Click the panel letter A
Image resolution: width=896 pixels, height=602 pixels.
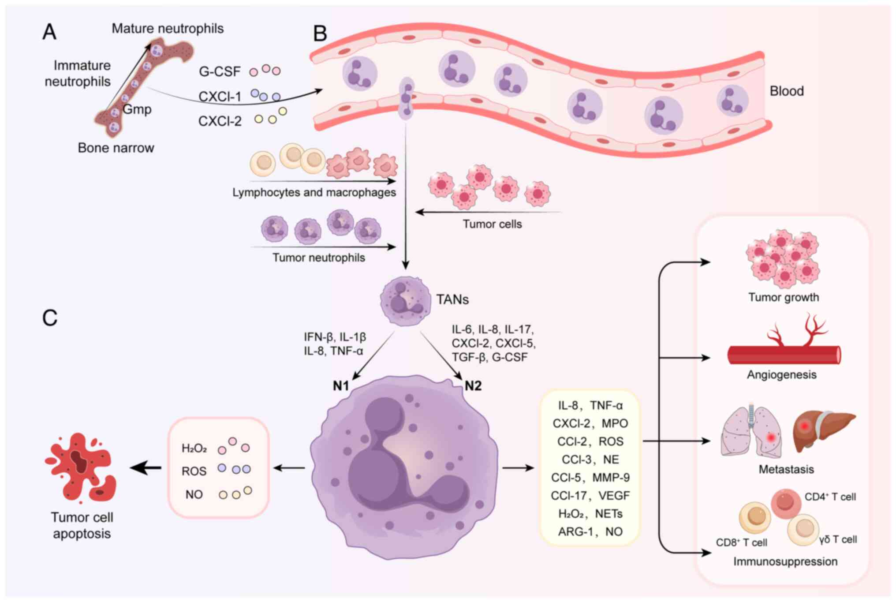[x=49, y=32]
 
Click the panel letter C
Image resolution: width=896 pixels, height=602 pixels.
[x=50, y=318]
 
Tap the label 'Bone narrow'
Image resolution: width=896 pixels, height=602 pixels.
[x=116, y=148]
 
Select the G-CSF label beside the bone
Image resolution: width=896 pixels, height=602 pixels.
[x=220, y=71]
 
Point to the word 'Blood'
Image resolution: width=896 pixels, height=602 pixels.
[x=787, y=91]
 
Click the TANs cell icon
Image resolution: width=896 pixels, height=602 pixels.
[x=405, y=301]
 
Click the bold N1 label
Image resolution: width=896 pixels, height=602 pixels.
[x=341, y=386]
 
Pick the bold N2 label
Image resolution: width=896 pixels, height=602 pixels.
[x=473, y=386]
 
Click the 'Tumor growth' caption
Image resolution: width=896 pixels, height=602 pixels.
[x=784, y=297]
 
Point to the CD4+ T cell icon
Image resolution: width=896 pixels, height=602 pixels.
[x=786, y=503]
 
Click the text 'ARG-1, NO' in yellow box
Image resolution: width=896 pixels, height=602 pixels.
[x=590, y=531]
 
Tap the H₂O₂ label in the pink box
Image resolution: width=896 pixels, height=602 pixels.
[x=194, y=449]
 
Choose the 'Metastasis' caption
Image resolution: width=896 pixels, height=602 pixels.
[x=786, y=469]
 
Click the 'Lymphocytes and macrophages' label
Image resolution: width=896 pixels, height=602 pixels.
[x=314, y=193]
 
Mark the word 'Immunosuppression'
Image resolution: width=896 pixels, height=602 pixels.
[x=785, y=561]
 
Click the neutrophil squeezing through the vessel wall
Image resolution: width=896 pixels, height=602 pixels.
[x=406, y=98]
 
